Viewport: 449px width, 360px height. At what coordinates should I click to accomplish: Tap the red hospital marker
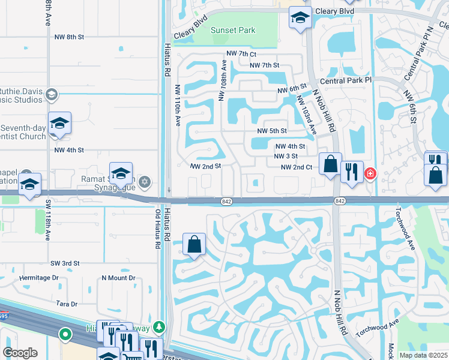370,174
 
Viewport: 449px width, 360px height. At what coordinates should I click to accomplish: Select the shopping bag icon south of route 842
194,245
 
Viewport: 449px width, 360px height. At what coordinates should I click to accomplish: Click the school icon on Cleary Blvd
300,18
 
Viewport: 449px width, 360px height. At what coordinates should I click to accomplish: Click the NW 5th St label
272,131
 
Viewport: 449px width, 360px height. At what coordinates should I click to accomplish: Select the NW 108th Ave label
223,79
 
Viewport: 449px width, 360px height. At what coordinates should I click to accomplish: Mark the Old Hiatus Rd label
158,229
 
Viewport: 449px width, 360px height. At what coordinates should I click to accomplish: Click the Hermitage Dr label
39,278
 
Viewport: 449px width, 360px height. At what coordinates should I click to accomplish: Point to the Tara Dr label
67,304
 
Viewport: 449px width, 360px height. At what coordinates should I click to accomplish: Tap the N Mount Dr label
118,278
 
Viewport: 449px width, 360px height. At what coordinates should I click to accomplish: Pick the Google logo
20,353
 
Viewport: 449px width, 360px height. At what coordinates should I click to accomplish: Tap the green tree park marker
158,327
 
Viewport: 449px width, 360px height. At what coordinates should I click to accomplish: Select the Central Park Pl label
346,80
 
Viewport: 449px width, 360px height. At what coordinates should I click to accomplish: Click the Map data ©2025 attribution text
423,355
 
